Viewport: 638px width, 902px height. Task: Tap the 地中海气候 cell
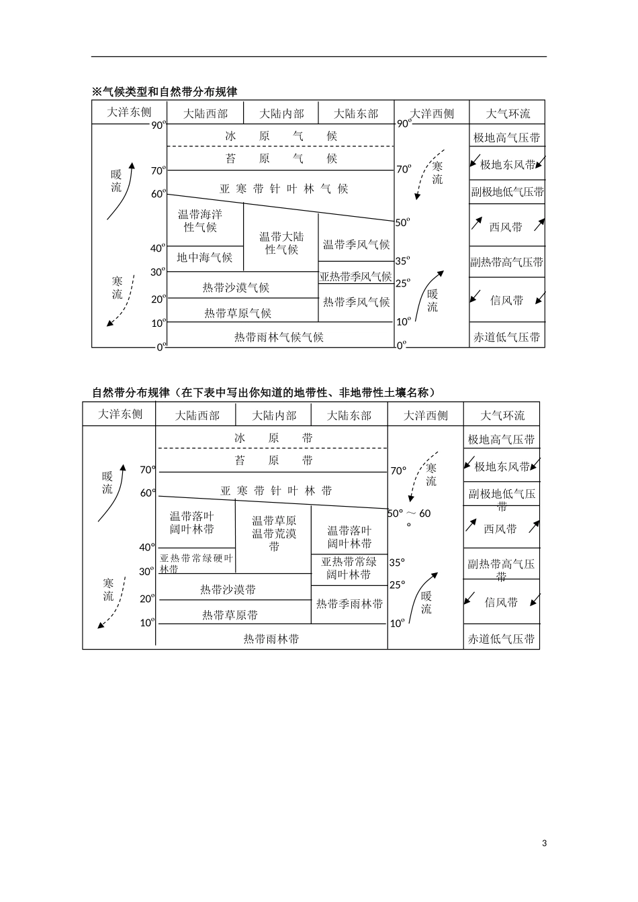point(204,257)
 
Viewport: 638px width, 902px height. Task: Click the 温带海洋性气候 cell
point(200,221)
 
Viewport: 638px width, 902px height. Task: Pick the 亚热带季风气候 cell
point(355,277)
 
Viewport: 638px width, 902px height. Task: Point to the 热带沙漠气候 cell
point(236,287)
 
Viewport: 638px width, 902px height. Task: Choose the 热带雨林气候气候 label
point(279,337)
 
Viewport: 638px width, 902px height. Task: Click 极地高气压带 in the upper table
point(506,138)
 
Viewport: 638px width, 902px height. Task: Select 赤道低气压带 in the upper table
point(506,337)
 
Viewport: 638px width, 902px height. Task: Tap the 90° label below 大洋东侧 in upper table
point(158,125)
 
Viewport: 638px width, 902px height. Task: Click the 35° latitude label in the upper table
point(402,261)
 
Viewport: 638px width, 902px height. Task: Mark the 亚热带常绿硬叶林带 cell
point(196,563)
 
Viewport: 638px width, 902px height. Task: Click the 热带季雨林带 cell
point(349,604)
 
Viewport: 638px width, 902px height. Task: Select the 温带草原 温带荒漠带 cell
point(274,534)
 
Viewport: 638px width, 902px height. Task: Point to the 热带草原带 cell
point(230,615)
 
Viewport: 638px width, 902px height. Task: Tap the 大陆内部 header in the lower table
point(274,415)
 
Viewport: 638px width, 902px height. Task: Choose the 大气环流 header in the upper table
point(507,113)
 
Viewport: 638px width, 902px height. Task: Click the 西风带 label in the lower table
point(500,529)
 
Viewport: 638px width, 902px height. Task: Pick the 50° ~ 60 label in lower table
point(410,514)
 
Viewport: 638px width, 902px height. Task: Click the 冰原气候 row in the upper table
point(281,136)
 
